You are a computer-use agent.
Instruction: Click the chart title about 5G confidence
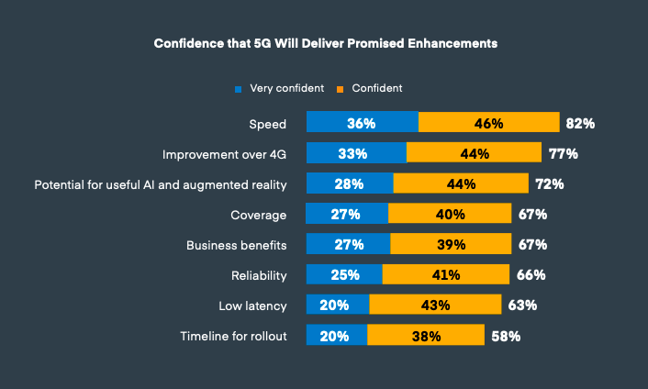point(325,43)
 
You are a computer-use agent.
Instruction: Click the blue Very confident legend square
point(239,89)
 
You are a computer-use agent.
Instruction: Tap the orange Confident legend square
point(341,89)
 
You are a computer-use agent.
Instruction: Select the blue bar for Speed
point(362,123)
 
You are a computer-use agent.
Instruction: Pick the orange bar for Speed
point(488,123)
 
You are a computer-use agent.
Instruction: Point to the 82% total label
point(580,123)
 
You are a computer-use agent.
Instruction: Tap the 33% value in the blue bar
point(356,154)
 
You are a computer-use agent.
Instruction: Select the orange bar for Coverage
point(449,215)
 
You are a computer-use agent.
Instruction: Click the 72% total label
point(549,184)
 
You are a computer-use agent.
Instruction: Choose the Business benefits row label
point(237,245)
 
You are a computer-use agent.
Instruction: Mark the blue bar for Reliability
point(344,275)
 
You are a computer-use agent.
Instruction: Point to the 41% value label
point(446,275)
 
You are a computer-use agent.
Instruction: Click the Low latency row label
point(252,306)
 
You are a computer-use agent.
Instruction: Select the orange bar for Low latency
point(434,306)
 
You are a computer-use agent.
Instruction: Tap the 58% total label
point(506,336)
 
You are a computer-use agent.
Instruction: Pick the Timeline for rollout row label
point(233,336)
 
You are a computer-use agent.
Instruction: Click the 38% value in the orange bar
point(426,336)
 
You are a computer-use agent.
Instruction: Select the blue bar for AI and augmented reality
point(349,184)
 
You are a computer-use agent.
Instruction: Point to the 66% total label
point(531,275)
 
